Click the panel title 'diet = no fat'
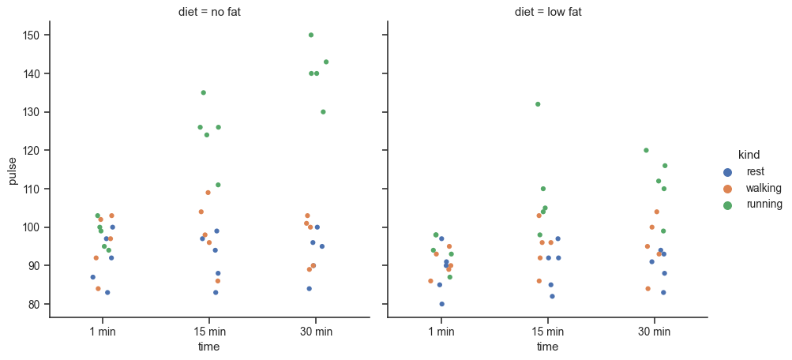(x=209, y=12)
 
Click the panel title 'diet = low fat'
(x=547, y=12)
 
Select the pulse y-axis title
(x=13, y=169)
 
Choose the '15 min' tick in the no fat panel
(x=209, y=332)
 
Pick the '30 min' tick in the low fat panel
(x=655, y=332)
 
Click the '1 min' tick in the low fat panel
(x=441, y=332)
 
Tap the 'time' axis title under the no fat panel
(x=209, y=347)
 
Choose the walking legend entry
(x=763, y=188)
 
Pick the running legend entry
(x=763, y=204)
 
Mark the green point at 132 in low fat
(x=538, y=104)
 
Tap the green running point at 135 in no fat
(x=203, y=92)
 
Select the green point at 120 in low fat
(x=646, y=150)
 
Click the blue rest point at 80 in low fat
(x=441, y=304)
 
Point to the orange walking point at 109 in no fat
(x=208, y=193)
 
